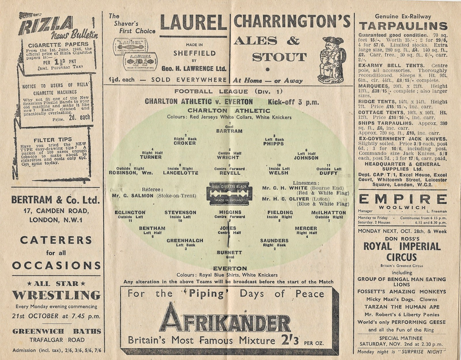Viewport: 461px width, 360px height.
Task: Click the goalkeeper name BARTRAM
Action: tap(229, 131)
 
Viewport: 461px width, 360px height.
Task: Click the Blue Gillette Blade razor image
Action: tap(229, 193)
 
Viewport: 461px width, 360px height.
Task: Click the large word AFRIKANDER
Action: tap(225, 318)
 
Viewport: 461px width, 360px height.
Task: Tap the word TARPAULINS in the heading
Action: tap(403, 26)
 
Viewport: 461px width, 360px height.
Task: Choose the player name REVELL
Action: tap(229, 173)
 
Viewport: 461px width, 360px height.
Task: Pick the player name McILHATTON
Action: tap(328, 212)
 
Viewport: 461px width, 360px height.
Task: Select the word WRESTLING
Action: tap(56, 295)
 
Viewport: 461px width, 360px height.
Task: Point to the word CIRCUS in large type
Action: tap(403, 257)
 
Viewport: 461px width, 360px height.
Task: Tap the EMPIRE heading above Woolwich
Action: tap(403, 199)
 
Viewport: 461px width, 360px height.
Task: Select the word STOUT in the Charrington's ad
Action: tap(279, 57)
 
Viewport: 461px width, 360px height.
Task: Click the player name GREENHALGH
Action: tap(184, 240)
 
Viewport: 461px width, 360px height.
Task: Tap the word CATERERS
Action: tap(56, 240)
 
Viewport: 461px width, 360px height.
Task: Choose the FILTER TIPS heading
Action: tap(53, 140)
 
